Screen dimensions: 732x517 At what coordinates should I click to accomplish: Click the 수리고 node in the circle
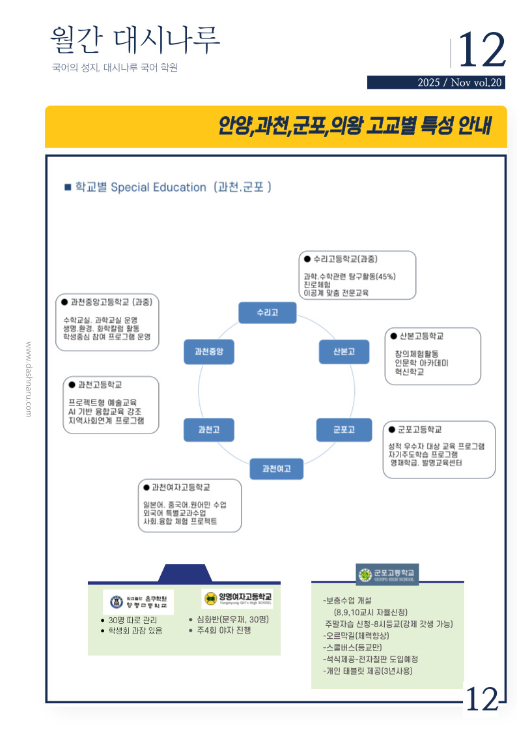tap(267, 312)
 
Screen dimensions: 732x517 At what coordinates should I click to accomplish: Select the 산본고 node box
tap(344, 351)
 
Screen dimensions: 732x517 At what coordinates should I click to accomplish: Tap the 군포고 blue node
tap(344, 430)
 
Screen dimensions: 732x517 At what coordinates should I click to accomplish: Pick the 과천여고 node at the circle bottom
tap(277, 469)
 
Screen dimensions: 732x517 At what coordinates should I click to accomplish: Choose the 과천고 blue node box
tap(208, 430)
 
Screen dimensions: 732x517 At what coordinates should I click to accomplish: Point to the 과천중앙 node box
tap(208, 351)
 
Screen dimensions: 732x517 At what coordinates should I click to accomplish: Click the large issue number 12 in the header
tap(482, 50)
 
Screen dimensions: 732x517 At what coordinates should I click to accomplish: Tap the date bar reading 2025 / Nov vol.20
tap(436, 83)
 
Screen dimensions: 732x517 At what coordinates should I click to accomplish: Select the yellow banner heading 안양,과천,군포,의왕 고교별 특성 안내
tap(354, 125)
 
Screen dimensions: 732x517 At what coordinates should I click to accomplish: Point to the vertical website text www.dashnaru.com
tap(29, 379)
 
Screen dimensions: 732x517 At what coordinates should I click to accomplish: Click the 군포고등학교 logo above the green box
tap(387, 574)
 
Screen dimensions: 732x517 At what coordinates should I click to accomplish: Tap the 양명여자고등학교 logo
tap(238, 598)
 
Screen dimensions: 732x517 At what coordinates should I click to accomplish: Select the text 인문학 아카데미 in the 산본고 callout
tap(421, 362)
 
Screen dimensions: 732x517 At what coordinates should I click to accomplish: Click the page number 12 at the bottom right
tap(482, 700)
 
